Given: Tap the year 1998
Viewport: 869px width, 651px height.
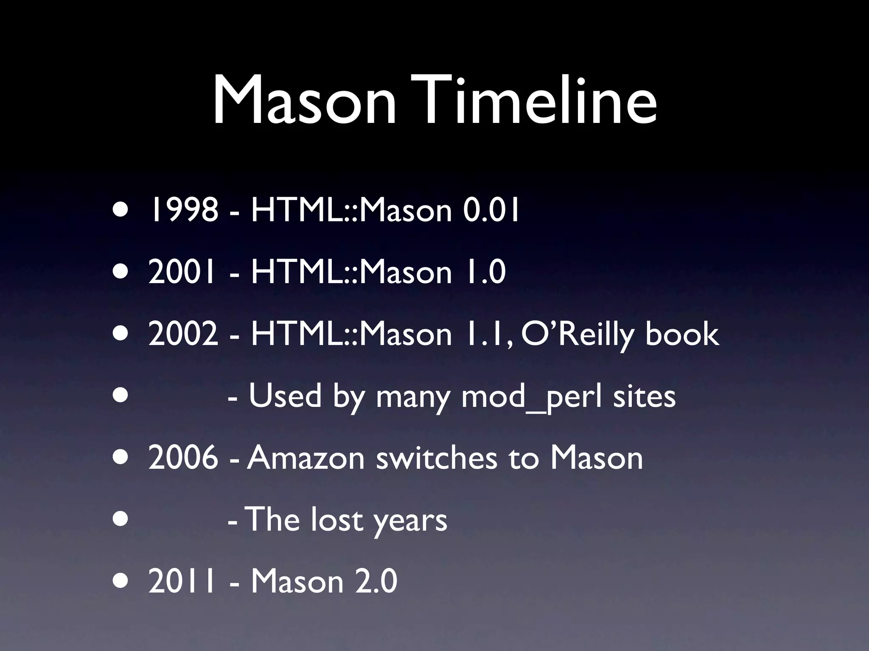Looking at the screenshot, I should (x=182, y=210).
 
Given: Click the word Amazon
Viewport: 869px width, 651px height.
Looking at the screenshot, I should (x=306, y=458).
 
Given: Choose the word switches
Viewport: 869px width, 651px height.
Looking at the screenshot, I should (x=437, y=458).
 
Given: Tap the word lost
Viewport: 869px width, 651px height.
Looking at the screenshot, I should (x=337, y=520).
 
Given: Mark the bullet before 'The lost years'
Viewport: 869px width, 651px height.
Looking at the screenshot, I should (x=120, y=520).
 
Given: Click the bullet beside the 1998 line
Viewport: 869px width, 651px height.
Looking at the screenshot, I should (x=120, y=210).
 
